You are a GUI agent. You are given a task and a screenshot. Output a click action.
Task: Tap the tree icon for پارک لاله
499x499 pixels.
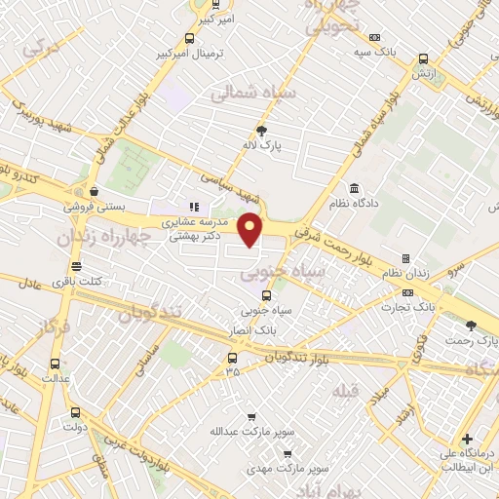[260, 131]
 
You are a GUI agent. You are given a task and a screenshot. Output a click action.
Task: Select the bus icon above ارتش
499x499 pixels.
[422, 58]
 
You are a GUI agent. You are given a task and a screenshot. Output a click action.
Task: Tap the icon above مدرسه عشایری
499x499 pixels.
[194, 207]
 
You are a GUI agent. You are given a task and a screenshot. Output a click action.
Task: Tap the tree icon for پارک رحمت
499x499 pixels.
[471, 326]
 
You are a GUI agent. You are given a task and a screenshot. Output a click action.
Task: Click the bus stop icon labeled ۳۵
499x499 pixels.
[230, 357]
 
